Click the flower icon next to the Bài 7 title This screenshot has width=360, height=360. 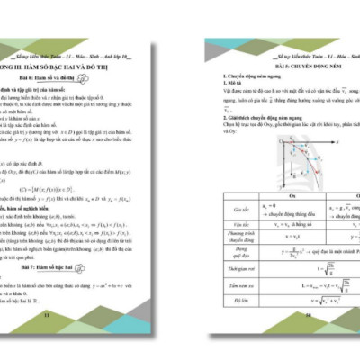click(x=102, y=266)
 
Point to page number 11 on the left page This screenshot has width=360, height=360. click(x=46, y=316)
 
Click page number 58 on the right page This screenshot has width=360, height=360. click(x=308, y=316)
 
